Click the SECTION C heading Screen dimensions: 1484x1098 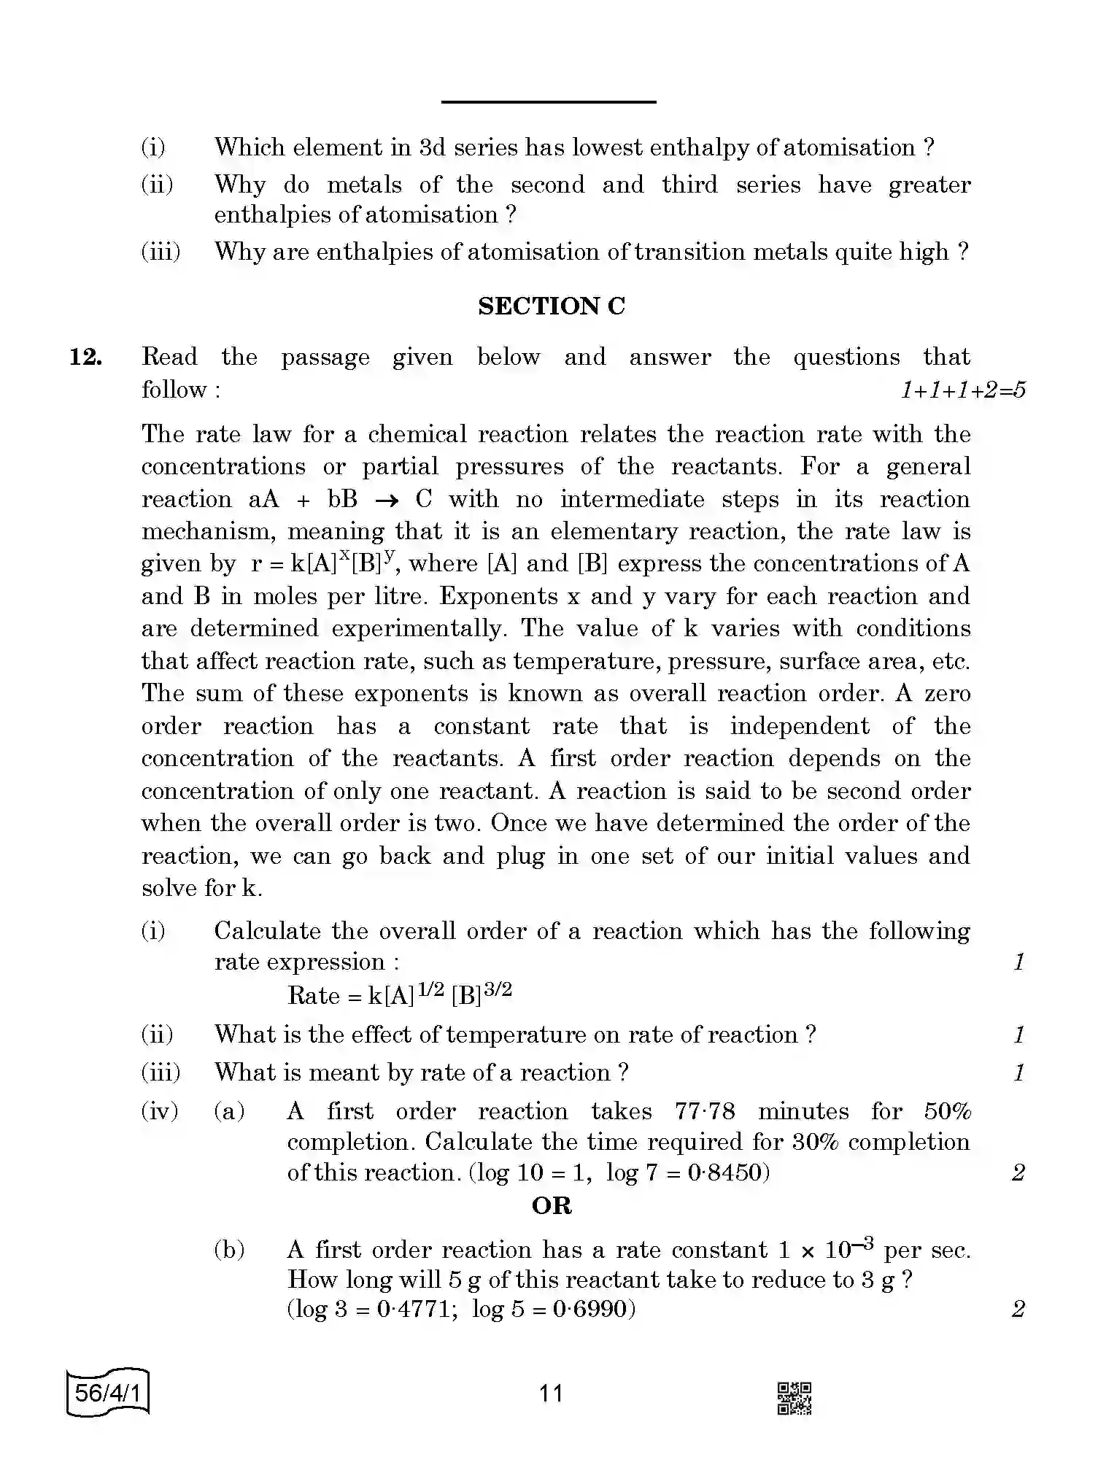(x=552, y=306)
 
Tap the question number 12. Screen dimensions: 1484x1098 (x=85, y=358)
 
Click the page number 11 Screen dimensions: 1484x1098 (x=551, y=1394)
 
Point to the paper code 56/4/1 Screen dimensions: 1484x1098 (x=107, y=1393)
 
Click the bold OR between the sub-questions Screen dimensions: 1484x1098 (x=552, y=1206)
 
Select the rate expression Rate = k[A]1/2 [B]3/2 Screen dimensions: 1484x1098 (x=400, y=994)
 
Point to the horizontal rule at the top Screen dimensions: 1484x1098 (x=549, y=102)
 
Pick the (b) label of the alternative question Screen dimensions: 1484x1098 (x=229, y=1250)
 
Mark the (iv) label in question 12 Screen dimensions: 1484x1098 (x=160, y=1111)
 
